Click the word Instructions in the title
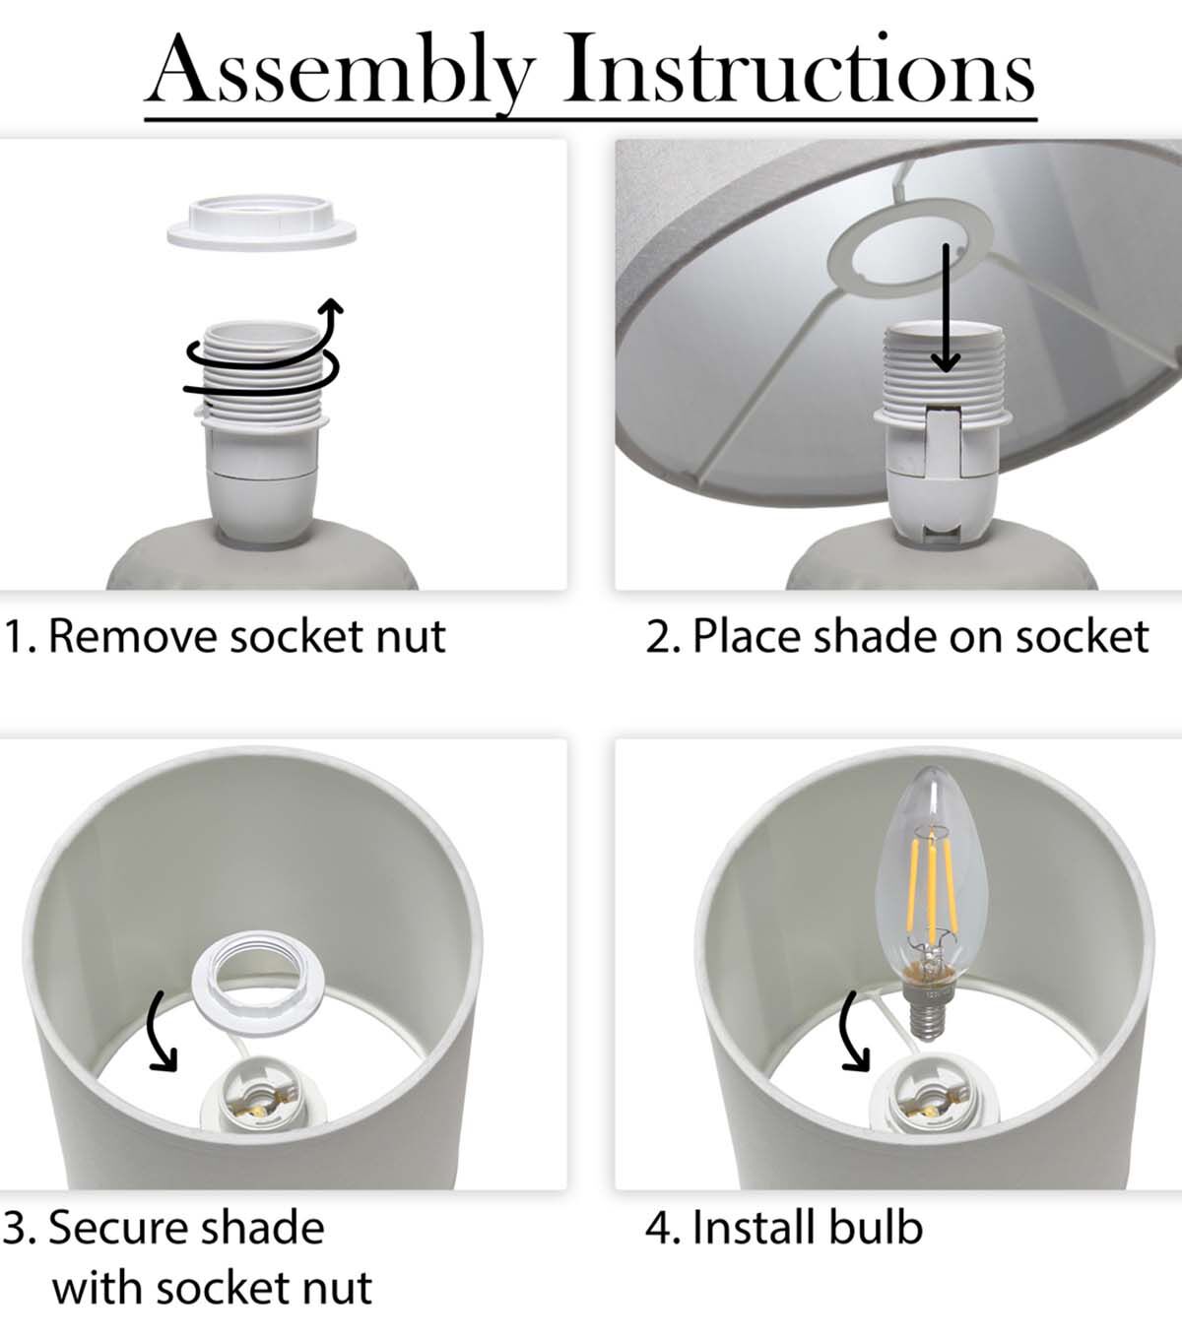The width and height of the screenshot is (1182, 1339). tap(800, 68)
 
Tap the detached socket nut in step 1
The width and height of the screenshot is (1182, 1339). tap(261, 222)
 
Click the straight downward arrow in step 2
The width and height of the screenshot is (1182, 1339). tap(946, 307)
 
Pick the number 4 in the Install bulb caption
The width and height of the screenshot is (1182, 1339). tap(659, 1228)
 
